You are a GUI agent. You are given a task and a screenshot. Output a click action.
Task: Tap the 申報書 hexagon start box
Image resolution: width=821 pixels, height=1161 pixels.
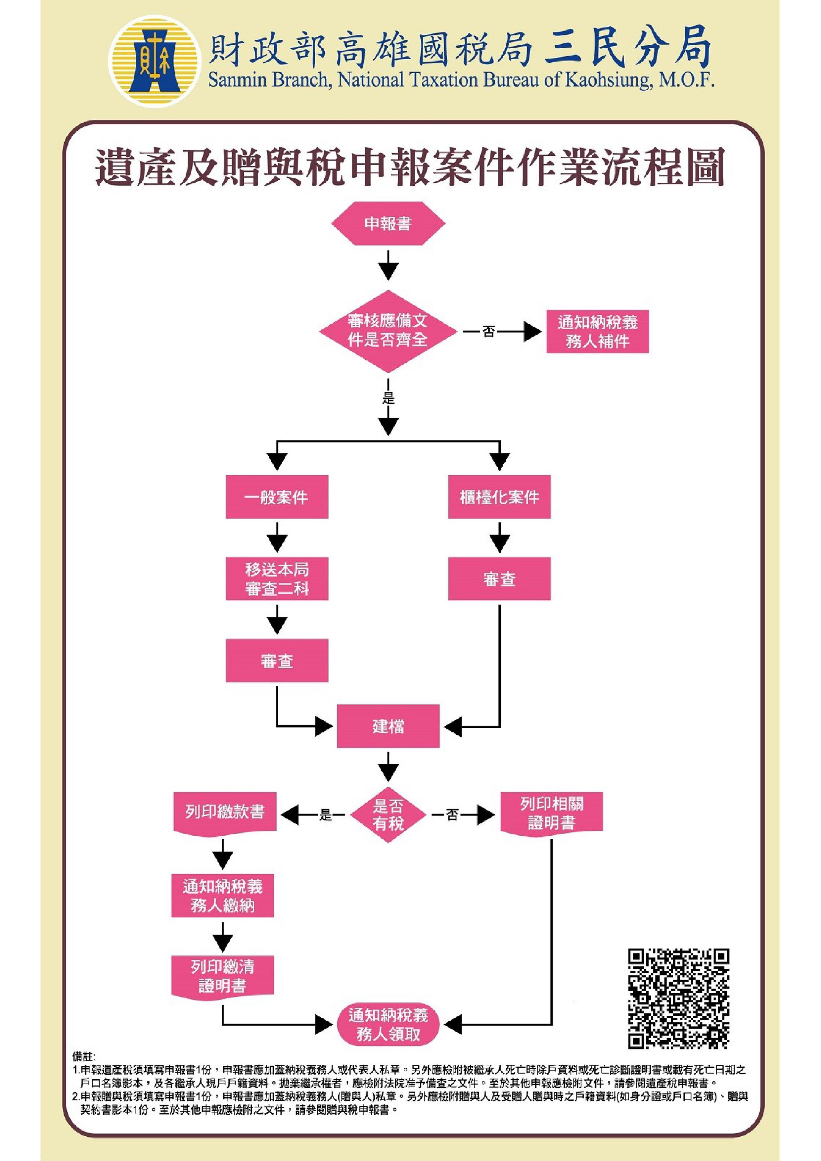[x=388, y=223]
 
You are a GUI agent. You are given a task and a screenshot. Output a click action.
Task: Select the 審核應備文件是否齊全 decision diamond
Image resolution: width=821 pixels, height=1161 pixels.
[x=388, y=331]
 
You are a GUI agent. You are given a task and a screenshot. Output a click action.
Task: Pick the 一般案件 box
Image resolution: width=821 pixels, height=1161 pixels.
[x=277, y=497]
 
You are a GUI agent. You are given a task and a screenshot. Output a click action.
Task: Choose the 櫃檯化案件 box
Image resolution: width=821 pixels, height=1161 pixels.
[x=499, y=497]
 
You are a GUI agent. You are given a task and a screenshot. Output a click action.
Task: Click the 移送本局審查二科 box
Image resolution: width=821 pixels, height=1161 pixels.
[x=277, y=579]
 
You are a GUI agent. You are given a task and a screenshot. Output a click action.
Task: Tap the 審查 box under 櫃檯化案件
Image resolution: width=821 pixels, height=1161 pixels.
[x=499, y=579]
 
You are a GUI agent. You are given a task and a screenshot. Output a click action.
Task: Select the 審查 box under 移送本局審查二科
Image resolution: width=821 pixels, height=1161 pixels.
[x=277, y=661]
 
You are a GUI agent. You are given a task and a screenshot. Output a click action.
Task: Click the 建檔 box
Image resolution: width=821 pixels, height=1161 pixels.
[x=388, y=727]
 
